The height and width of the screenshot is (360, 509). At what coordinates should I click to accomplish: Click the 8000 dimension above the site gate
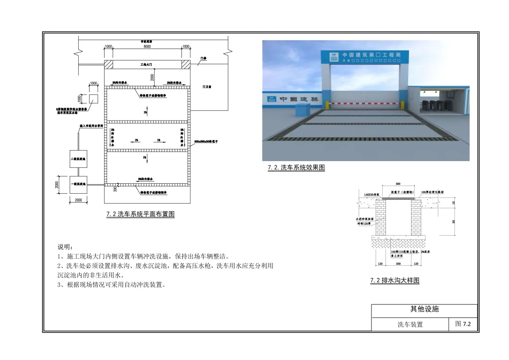point(147,47)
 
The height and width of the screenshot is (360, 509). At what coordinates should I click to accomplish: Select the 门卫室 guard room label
point(207,87)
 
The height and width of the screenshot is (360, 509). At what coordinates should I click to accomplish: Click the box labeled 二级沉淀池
point(78,159)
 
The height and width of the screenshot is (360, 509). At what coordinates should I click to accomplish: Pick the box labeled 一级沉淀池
point(78,184)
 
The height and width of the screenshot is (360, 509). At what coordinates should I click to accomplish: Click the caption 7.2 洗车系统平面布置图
point(140,214)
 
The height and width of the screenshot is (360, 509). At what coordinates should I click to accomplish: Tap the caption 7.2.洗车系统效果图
point(296,167)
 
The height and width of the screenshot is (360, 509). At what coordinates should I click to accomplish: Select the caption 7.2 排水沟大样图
point(394,280)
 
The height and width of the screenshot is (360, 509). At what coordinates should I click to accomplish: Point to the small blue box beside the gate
point(301,109)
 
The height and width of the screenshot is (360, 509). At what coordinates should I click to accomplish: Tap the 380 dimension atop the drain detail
point(398,184)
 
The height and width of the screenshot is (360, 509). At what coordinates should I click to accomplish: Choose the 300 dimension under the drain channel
point(398,264)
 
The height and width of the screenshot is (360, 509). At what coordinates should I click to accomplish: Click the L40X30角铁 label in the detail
point(372,194)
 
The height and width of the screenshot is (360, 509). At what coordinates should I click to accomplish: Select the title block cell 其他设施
point(424,310)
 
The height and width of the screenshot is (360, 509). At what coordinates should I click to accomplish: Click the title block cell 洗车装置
point(410,325)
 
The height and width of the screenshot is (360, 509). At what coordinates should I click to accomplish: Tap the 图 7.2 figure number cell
point(463,324)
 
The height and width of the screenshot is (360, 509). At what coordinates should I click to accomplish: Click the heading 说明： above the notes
point(65,247)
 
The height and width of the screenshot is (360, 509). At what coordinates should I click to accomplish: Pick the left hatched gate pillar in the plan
point(108,64)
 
